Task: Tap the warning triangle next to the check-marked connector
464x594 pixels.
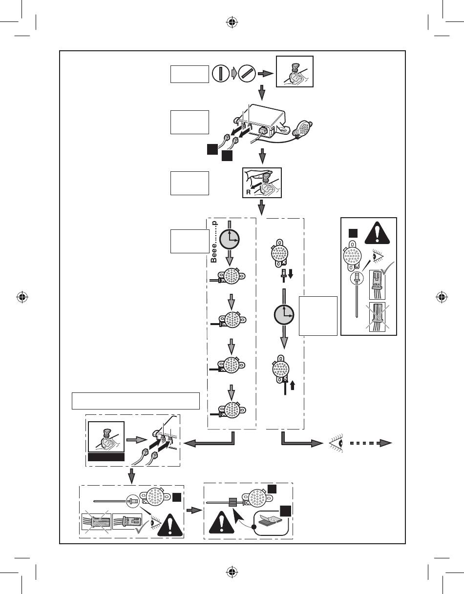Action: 166,524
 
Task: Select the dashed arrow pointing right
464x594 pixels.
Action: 371,443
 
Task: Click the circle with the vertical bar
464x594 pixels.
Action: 221,74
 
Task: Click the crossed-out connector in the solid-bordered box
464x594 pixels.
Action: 377,317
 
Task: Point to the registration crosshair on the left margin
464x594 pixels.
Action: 22,296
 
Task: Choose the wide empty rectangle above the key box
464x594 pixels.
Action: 136,400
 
